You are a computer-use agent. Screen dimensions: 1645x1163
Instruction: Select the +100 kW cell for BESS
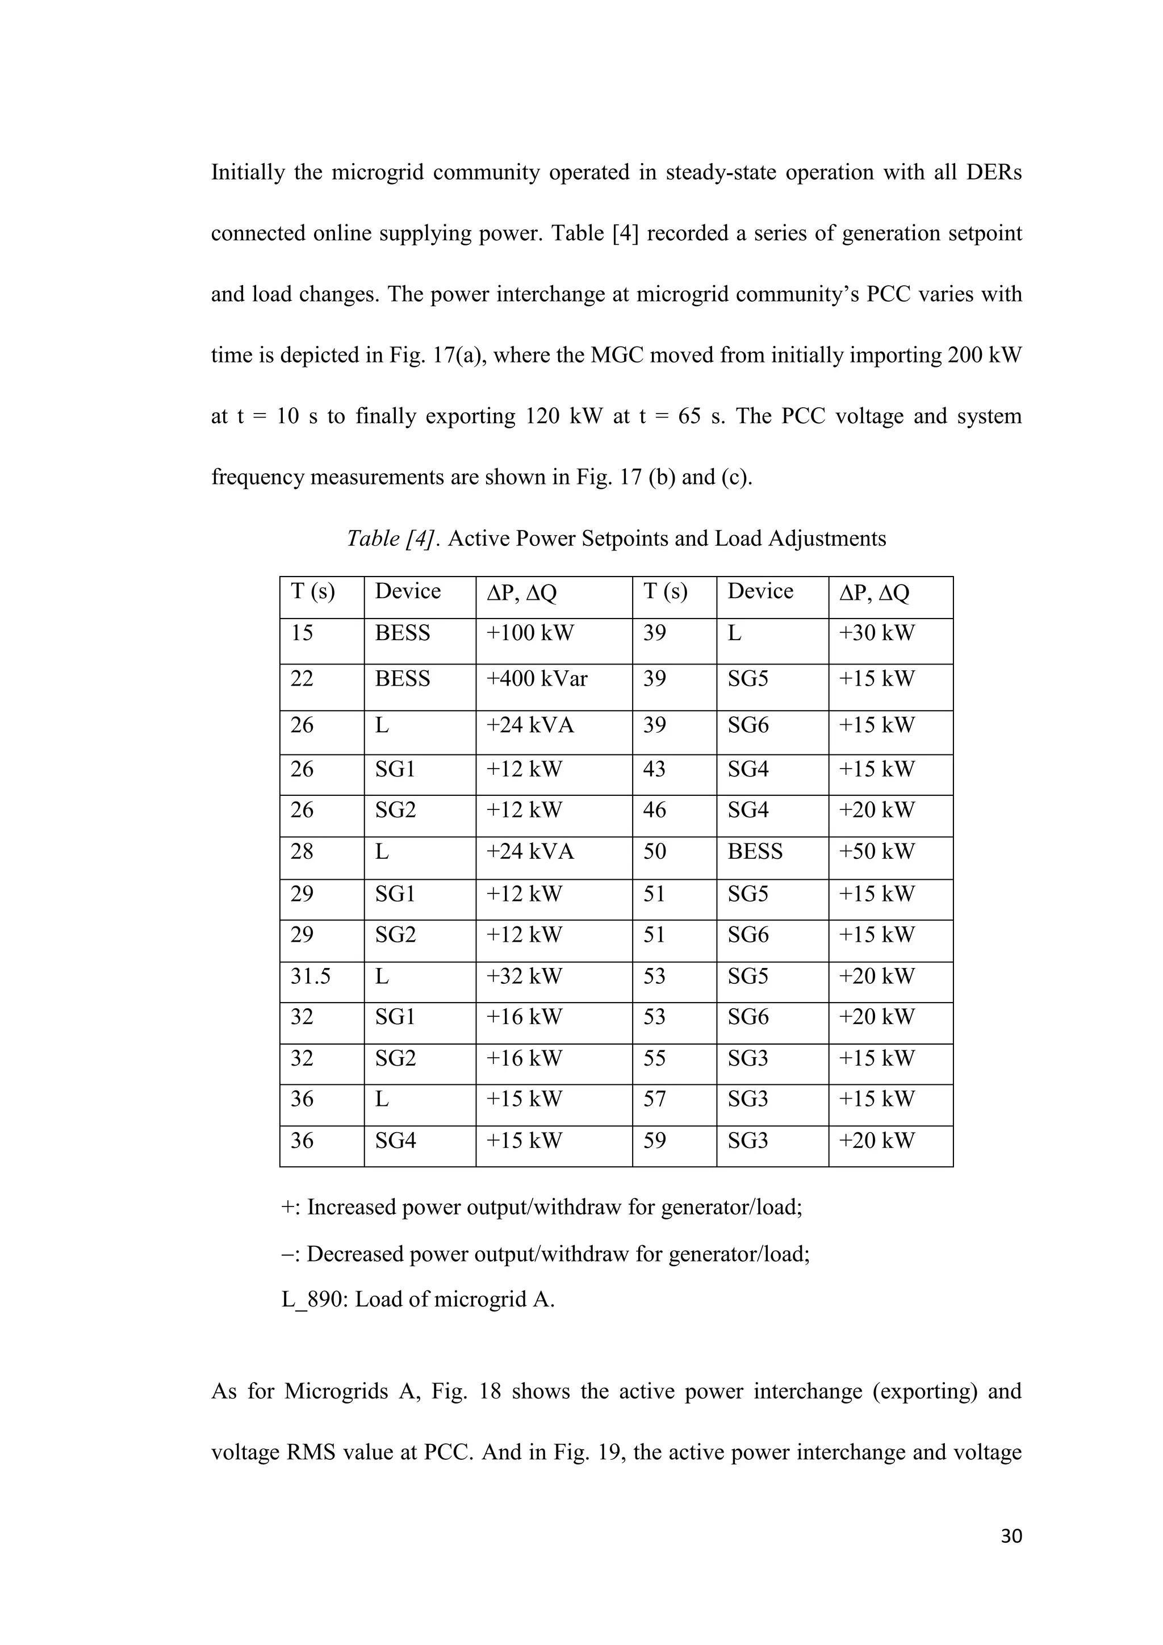pyautogui.click(x=530, y=633)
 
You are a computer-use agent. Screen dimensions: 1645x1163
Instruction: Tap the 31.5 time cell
pyautogui.click(x=310, y=976)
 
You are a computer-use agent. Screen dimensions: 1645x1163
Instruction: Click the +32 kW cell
pyautogui.click(x=524, y=976)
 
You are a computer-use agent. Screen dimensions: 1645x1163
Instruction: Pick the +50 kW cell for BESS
pyautogui.click(x=877, y=852)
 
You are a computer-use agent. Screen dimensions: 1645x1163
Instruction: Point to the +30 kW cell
pyautogui.click(x=877, y=633)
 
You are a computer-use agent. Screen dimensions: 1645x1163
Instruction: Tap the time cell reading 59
pyautogui.click(x=655, y=1140)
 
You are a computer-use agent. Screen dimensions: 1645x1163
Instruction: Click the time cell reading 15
pyautogui.click(x=302, y=633)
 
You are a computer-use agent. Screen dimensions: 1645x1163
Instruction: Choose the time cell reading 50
pyautogui.click(x=655, y=852)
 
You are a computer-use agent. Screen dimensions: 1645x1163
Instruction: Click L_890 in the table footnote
pyautogui.click(x=312, y=1299)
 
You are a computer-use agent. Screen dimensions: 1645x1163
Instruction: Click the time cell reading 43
pyautogui.click(x=655, y=770)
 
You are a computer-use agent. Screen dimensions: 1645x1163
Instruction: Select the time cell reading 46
pyautogui.click(x=655, y=811)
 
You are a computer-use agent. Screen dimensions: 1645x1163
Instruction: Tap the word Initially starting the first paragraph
pyautogui.click(x=247, y=173)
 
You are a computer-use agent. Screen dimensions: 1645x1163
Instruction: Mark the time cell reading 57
pyautogui.click(x=655, y=1099)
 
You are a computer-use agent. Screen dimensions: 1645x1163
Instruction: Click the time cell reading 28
pyautogui.click(x=302, y=852)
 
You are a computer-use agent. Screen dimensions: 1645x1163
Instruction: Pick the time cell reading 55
pyautogui.click(x=655, y=1058)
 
